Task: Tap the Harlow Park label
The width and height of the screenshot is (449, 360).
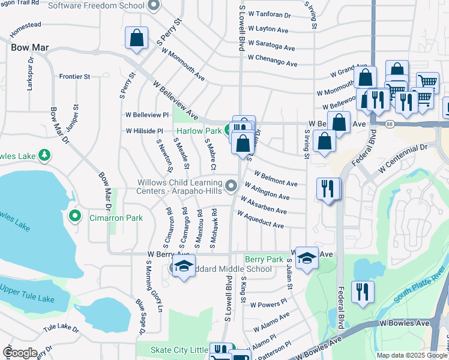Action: pos(199,130)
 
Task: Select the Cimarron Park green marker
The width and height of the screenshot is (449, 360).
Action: pos(75,215)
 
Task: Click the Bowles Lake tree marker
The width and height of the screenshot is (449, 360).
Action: pos(44,155)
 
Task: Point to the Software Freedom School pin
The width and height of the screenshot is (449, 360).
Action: pos(154,6)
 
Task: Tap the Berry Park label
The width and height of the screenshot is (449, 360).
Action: pos(264,259)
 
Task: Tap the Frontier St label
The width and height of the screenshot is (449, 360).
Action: pos(74,76)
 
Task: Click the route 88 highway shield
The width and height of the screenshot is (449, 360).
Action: pos(390,124)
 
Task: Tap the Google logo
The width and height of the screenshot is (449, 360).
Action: pos(20,353)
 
